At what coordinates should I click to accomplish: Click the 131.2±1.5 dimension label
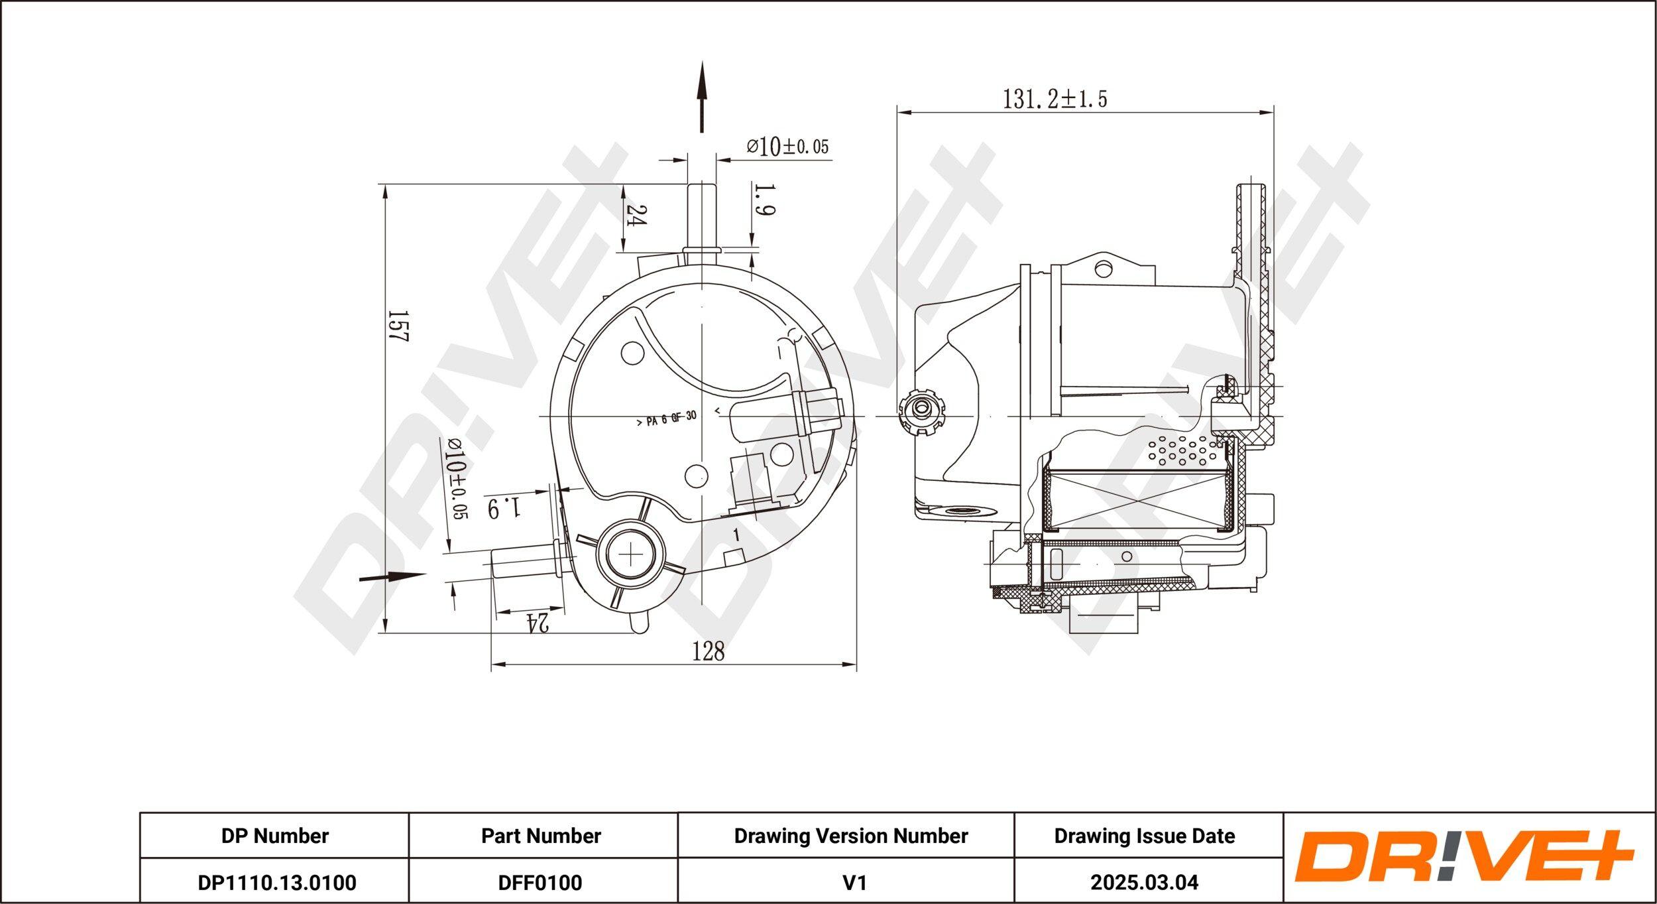(1055, 99)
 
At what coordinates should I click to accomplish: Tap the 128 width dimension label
(709, 652)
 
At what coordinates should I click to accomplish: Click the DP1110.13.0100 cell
(276, 882)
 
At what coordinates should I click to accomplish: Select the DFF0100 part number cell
(541, 882)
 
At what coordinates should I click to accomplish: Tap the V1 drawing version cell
(854, 882)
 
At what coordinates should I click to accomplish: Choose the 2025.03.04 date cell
(1144, 882)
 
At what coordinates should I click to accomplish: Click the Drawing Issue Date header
(1144, 836)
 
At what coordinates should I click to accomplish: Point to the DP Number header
(274, 836)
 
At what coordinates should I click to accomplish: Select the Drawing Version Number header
(850, 836)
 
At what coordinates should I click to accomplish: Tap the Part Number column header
(541, 836)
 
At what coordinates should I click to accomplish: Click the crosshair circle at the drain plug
(631, 553)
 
